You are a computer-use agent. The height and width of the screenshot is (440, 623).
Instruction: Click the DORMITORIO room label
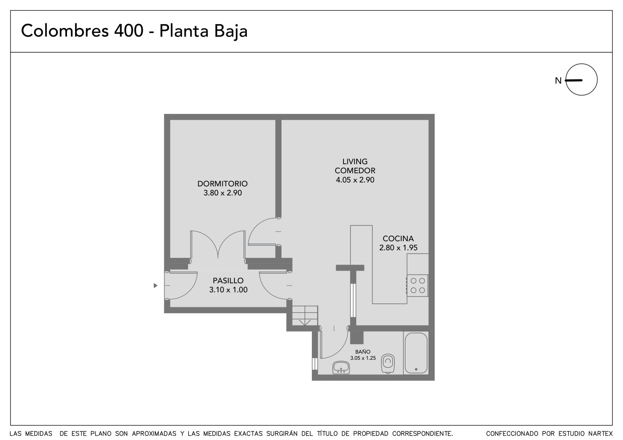[x=222, y=184]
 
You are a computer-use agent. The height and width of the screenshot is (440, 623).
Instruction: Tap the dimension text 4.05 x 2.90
[x=355, y=180]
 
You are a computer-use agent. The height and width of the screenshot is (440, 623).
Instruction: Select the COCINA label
[x=398, y=238]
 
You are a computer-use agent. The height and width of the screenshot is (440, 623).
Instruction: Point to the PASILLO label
[x=228, y=280]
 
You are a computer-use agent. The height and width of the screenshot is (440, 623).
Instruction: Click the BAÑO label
[x=363, y=352]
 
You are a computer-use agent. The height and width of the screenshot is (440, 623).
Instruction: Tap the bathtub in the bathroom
[x=416, y=353]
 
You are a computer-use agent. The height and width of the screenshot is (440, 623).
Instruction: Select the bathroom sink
[x=341, y=368]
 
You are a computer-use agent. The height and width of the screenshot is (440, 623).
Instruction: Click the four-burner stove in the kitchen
[x=417, y=286]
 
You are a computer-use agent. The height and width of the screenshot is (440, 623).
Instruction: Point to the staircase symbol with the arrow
[x=305, y=316]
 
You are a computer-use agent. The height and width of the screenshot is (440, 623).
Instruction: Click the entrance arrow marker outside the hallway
[x=155, y=286]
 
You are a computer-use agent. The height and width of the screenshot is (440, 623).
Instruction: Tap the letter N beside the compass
[x=558, y=81]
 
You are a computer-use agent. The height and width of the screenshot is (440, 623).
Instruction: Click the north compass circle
[x=581, y=79]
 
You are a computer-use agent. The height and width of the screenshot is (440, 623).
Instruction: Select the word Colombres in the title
[x=65, y=31]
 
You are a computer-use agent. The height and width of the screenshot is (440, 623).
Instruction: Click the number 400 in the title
[x=129, y=31]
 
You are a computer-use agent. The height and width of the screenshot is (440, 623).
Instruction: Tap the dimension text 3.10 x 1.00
[x=228, y=289]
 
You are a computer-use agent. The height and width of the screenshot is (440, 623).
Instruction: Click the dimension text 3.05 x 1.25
[x=363, y=358]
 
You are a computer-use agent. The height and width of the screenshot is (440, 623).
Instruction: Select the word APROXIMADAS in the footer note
[x=154, y=434]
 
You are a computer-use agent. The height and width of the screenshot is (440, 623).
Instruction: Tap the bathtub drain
[x=416, y=369]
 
